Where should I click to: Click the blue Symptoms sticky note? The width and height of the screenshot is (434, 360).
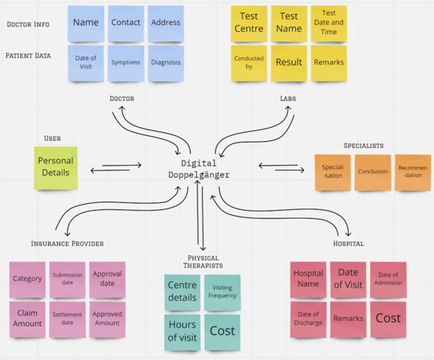126,63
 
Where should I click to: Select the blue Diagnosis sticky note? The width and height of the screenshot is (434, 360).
166,63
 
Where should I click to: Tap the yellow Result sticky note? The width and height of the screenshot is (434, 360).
289,63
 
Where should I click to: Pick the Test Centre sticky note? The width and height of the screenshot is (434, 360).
249,23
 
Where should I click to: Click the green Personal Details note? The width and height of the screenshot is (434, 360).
55,168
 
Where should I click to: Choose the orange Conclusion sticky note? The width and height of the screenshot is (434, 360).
373,173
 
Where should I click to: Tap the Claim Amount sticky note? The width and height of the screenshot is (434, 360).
27,319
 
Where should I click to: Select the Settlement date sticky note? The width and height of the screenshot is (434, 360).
67,319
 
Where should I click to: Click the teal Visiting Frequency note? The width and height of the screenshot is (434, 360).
222,293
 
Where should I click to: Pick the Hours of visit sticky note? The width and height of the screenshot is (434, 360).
182,332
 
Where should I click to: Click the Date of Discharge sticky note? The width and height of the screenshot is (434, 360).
308,319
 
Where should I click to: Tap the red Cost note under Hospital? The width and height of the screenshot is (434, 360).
388,319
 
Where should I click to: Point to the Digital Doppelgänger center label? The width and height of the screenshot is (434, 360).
199,169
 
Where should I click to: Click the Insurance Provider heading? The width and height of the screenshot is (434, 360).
67,244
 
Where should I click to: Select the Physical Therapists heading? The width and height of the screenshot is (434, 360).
203,262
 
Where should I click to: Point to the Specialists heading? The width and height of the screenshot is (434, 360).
364,146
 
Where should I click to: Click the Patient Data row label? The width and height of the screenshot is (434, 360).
28,55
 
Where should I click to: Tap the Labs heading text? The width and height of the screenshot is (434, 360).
288,99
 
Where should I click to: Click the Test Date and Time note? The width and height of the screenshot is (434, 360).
329,23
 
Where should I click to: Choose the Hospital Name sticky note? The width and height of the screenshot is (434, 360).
308,280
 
